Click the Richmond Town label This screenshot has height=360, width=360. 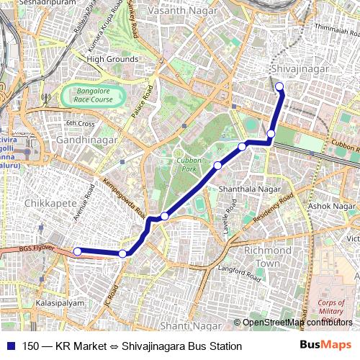coord(267,257)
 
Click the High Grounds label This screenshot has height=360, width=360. coord(112,58)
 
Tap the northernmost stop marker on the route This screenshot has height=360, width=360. coord(280,88)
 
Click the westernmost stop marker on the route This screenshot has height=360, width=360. coord(78,251)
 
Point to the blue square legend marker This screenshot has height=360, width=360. coord(9,346)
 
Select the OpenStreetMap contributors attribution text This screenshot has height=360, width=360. coord(297,322)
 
